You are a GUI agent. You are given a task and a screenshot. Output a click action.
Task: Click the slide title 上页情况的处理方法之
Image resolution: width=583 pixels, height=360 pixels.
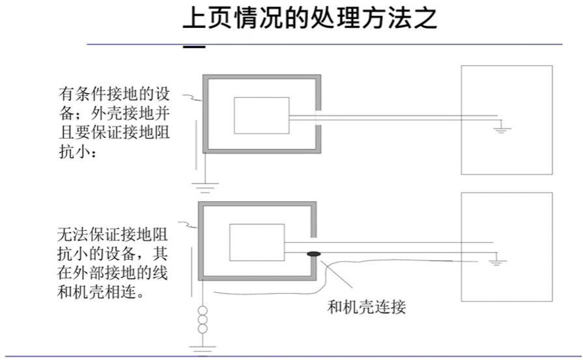click(309, 19)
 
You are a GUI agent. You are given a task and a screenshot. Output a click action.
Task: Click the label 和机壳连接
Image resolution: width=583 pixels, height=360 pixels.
click(366, 306)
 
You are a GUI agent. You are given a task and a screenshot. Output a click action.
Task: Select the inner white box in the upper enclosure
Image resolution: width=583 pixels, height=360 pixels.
click(261, 115)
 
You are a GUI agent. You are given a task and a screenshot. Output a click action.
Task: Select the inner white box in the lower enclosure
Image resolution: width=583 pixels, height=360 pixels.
click(257, 242)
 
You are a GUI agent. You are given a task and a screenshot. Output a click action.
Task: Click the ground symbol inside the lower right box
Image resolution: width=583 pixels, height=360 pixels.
click(497, 262)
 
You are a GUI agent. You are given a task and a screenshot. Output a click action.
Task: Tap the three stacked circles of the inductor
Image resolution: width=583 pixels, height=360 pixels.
click(203, 319)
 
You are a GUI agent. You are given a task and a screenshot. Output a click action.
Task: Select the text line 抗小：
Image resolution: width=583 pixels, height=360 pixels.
click(78, 151)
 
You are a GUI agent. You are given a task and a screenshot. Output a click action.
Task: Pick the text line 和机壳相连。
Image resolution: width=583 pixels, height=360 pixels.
click(100, 292)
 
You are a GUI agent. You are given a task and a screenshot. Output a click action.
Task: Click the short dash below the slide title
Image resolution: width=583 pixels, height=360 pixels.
click(193, 48)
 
